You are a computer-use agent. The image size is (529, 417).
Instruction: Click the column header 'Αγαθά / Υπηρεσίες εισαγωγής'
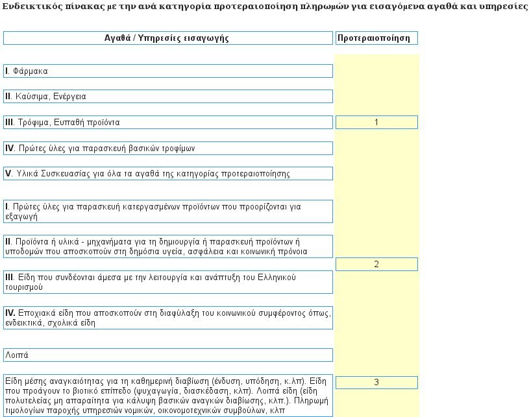[x=167, y=38]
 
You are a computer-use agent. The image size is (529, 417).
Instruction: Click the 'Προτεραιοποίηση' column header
[x=376, y=38]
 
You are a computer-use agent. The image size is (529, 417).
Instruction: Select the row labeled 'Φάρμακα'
[x=167, y=71]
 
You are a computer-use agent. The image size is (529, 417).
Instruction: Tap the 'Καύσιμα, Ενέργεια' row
[x=167, y=97]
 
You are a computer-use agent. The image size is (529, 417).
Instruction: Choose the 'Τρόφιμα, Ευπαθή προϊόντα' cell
[x=167, y=123]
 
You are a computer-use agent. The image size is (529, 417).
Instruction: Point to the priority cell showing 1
[x=376, y=123]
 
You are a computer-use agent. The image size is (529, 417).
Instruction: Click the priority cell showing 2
[x=376, y=265]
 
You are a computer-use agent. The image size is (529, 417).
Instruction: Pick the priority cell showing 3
[x=376, y=383]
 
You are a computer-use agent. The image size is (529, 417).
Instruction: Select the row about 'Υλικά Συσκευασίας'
[x=167, y=174]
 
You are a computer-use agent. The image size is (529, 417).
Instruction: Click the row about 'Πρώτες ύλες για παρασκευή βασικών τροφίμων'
[x=167, y=149]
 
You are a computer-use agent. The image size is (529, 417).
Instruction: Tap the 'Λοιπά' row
[x=167, y=355]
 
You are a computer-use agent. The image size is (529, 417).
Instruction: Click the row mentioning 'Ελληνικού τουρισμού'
[x=167, y=282]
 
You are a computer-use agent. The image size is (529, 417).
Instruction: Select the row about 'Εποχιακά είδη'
[x=167, y=317]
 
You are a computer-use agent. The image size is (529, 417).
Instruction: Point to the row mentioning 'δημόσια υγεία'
[x=167, y=246]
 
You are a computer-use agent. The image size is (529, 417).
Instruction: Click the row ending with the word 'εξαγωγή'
[x=167, y=211]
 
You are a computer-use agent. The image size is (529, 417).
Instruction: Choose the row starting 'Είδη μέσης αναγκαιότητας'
[x=167, y=395]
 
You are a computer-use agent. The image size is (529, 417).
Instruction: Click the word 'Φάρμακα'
[x=31, y=71]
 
